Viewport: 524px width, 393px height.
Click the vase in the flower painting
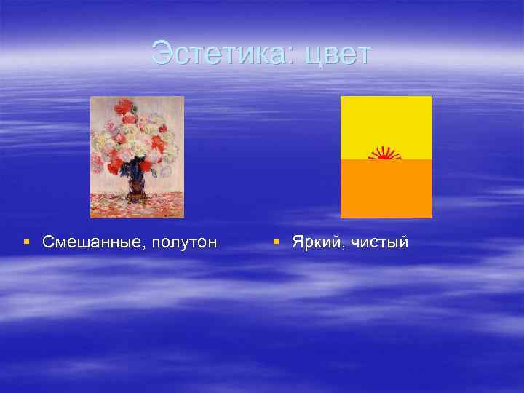coord(136,188)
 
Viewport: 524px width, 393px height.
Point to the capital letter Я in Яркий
coord(297,242)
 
